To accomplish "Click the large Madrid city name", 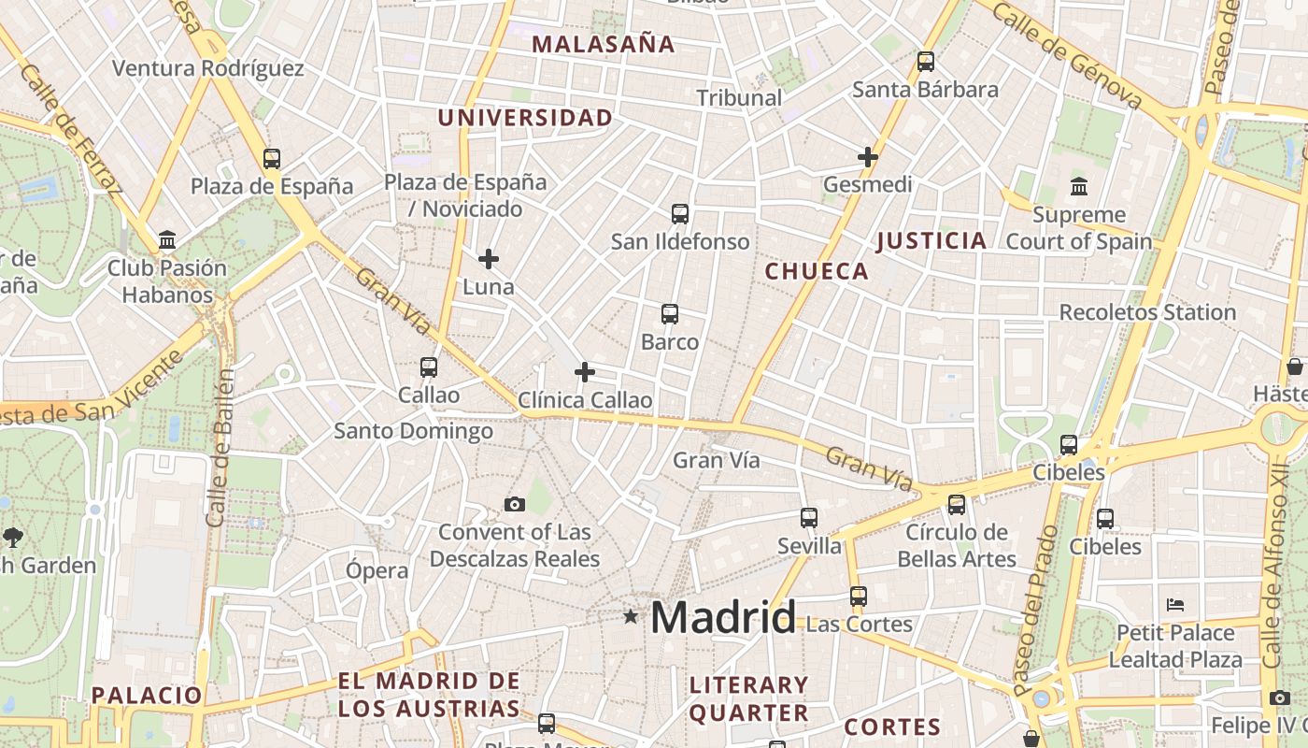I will [723, 618].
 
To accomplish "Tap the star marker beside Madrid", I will [632, 616].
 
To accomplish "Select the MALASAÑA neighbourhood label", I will [603, 44].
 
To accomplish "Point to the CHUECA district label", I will [817, 271].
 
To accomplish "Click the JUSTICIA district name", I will [931, 241].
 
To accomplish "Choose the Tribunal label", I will [739, 97].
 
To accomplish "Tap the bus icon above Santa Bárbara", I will [926, 62].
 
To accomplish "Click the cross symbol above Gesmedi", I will [868, 157].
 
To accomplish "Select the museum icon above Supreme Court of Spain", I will [1079, 186].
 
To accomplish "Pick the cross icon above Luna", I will [489, 259].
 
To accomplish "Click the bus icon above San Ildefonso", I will [680, 214].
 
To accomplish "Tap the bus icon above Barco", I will [670, 314].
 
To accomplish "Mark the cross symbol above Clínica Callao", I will [585, 372].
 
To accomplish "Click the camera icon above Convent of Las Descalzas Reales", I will [515, 505].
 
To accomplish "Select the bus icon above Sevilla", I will [809, 517].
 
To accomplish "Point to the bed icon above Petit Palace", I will [1175, 605].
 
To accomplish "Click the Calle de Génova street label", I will [1067, 55].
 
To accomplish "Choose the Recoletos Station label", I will [1147, 312].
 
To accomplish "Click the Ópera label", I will [377, 570].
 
